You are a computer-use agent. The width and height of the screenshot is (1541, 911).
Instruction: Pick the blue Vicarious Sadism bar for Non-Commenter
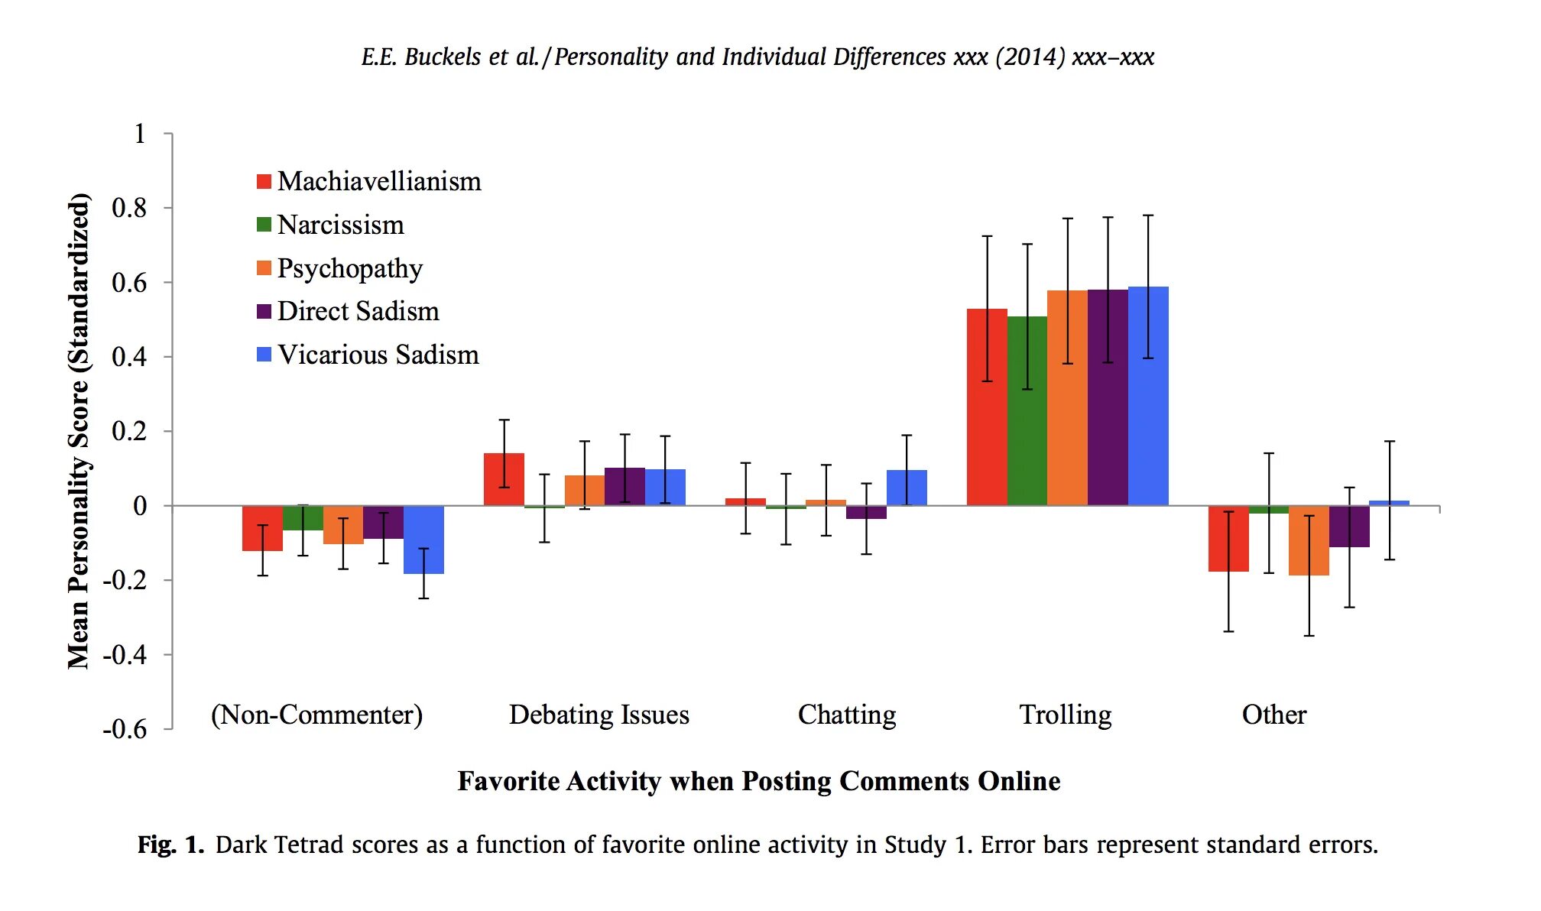coord(423,540)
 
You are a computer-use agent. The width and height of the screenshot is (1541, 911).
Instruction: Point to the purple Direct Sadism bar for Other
coord(1349,527)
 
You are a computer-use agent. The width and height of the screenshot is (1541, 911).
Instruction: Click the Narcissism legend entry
coord(340,225)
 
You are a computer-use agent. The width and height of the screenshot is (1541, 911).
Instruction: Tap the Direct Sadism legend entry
coord(358,311)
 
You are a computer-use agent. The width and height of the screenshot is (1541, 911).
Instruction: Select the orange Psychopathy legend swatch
coord(264,268)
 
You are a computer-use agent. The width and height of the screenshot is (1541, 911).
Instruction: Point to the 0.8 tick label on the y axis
coord(129,208)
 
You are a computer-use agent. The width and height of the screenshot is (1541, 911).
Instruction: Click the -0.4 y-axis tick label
coord(125,655)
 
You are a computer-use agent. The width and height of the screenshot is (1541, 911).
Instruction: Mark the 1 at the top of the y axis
coord(139,134)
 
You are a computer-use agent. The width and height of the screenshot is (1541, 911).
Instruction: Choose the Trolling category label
coord(1066,715)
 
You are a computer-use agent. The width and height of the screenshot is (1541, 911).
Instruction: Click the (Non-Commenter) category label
coord(316,715)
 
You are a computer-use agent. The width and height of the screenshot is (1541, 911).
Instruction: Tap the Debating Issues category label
coord(599,715)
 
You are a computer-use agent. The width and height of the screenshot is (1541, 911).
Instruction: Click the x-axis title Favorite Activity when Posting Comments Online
coord(758,781)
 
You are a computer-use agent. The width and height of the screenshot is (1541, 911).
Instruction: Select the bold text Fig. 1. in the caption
coord(170,845)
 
